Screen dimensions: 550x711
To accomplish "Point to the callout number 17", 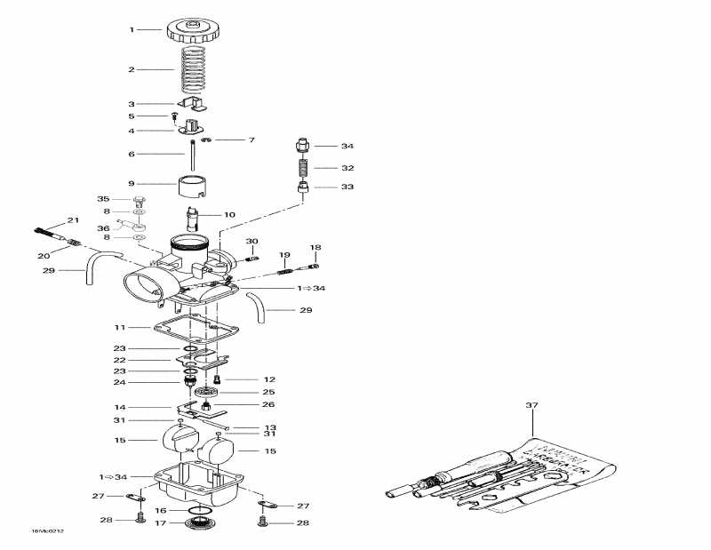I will [160, 523].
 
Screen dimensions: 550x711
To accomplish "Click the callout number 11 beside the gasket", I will [131, 327].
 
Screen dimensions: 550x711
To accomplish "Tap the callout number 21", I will [73, 220].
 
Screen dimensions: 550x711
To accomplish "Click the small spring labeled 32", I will [302, 167].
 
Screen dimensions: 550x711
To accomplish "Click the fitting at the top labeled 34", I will [302, 144].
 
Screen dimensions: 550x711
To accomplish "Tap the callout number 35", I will [103, 199].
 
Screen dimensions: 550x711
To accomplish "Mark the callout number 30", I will [252, 242].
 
